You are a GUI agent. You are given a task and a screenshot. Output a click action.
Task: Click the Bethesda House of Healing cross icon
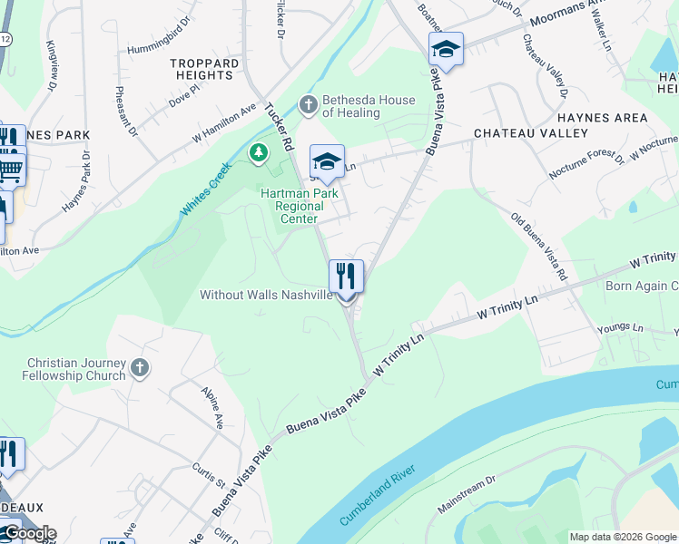[x=308, y=106]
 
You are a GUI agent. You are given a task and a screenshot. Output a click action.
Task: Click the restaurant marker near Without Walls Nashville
[x=346, y=276]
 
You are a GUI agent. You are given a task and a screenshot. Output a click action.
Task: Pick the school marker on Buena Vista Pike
[x=446, y=49]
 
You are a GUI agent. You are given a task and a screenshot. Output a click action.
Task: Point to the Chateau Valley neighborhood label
[x=518, y=133]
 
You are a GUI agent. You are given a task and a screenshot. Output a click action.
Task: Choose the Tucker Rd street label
[x=279, y=127]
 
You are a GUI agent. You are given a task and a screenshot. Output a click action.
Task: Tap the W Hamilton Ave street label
[x=224, y=122]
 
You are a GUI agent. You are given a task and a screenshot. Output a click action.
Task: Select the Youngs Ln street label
[x=620, y=326]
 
